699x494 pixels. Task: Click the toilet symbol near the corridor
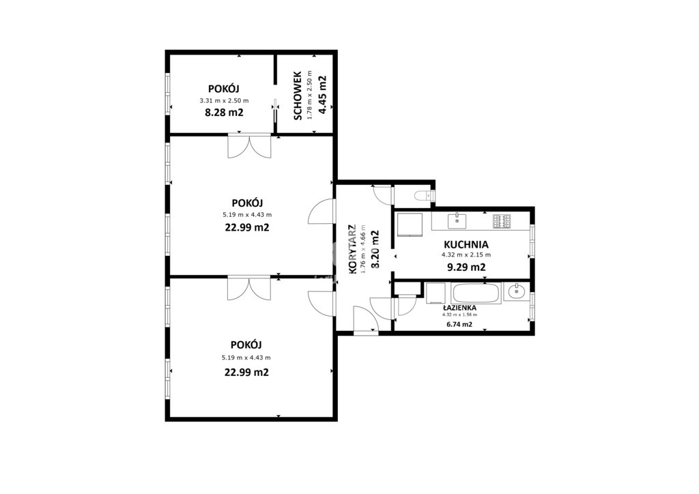(x=422, y=195)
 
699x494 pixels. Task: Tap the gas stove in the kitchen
(x=502, y=221)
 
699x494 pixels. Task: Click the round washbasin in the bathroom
(x=517, y=292)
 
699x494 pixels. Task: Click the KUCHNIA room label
(x=466, y=244)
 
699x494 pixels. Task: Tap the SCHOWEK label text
(x=298, y=96)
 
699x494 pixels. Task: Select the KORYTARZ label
(x=352, y=249)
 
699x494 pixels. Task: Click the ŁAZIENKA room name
(x=459, y=308)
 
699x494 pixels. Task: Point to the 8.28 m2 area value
(x=224, y=113)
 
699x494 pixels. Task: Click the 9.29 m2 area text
(x=466, y=267)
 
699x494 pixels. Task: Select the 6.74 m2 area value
(x=459, y=324)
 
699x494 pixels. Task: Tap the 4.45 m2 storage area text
(x=322, y=96)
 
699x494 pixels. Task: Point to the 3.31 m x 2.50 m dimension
(x=224, y=101)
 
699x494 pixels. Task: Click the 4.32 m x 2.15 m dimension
(x=466, y=255)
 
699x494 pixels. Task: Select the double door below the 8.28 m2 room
(x=249, y=146)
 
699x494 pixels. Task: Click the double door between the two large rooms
(x=248, y=289)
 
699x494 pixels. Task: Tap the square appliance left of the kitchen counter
(x=410, y=224)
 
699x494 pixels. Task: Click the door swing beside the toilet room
(x=382, y=195)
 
